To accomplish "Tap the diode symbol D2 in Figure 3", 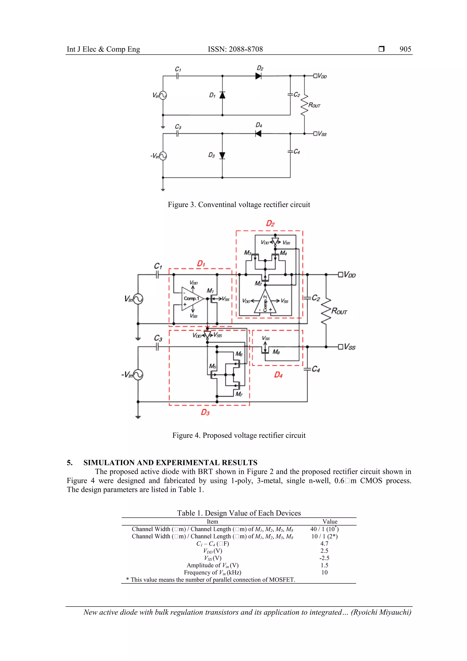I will (x=258, y=76).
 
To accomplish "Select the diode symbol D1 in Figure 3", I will (x=222, y=95).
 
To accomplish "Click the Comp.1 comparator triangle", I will (x=192, y=299).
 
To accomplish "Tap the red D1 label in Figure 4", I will (x=201, y=264).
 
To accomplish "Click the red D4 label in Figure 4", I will (x=278, y=375).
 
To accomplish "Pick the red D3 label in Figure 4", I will (x=205, y=413).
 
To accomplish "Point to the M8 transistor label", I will (x=276, y=352).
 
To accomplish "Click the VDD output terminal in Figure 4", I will (x=340, y=275).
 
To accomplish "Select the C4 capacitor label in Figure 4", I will (x=316, y=369).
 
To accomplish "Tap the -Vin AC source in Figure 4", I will (x=138, y=375).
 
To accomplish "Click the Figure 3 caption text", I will (x=239, y=205).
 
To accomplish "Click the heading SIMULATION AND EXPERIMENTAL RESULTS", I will (x=170, y=463).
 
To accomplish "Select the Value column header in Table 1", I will (x=330, y=521).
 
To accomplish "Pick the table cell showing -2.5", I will (x=324, y=558).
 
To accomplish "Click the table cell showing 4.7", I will (x=324, y=543).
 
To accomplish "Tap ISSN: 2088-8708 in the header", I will (x=235, y=49).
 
